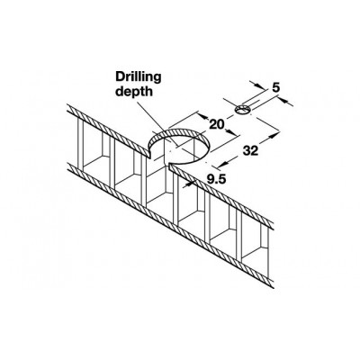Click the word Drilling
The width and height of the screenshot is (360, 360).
pyautogui.click(x=139, y=78)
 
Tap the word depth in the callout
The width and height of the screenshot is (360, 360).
pyautogui.click(x=134, y=91)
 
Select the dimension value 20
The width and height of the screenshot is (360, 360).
pyautogui.click(x=217, y=124)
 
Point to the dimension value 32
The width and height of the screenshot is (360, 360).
pyautogui.click(x=250, y=150)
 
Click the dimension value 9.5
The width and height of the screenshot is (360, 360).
pyautogui.click(x=216, y=179)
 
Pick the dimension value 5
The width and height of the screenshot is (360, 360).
pyautogui.click(x=276, y=87)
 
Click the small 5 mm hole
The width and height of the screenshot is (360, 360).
pyautogui.click(x=243, y=110)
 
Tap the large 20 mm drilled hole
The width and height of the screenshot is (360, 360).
pyautogui.click(x=179, y=146)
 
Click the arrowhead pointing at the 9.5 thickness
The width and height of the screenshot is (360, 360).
pyautogui.click(x=189, y=183)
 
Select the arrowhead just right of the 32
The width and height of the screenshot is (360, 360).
pyautogui.click(x=272, y=136)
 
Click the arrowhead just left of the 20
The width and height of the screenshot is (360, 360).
pyautogui.click(x=202, y=116)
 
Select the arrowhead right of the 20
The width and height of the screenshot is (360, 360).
pyautogui.click(x=230, y=132)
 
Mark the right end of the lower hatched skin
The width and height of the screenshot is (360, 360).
pyautogui.click(x=274, y=284)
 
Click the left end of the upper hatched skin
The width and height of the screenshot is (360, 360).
pyautogui.click(x=68, y=109)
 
